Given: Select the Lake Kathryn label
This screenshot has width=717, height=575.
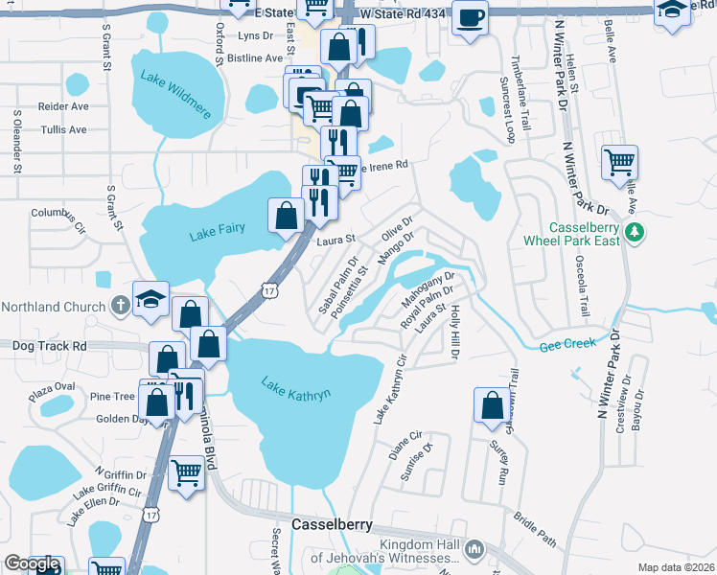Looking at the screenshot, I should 297,388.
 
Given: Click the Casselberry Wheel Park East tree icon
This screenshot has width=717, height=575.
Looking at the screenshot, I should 634,232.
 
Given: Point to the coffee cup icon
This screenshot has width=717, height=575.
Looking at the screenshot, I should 471,18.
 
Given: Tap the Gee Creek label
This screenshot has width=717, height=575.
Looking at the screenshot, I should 567,344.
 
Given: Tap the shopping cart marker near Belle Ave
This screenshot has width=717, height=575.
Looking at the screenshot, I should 620,161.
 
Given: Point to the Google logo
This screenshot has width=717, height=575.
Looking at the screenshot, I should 32,564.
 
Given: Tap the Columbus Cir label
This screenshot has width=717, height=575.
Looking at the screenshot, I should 58,213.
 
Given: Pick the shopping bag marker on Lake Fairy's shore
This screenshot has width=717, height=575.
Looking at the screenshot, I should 287,215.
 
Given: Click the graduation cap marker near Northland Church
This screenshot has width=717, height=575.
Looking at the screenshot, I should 151,299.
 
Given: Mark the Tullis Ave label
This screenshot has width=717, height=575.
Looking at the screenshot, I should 64,129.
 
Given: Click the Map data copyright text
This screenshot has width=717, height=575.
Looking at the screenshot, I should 676,567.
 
